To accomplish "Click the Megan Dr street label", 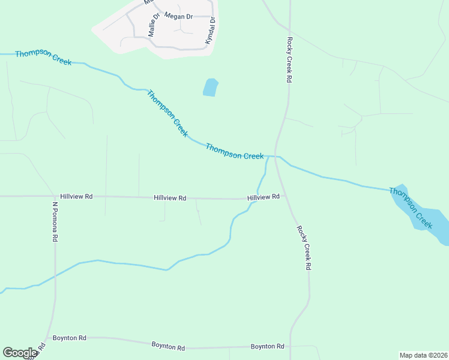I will pyautogui.click(x=178, y=16).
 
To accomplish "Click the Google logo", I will pyautogui.click(x=19, y=353).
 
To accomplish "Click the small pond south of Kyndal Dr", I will pyautogui.click(x=210, y=88).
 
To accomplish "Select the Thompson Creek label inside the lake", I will pyautogui.click(x=411, y=208).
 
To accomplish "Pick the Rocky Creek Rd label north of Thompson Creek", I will pyautogui.click(x=289, y=60).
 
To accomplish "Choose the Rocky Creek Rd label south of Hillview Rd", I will pyautogui.click(x=304, y=247).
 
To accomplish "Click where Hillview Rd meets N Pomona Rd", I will pyautogui.click(x=55, y=196).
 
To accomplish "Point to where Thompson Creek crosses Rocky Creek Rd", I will pyautogui.click(x=276, y=156).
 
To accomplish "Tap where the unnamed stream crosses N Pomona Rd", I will pyautogui.click(x=55, y=275).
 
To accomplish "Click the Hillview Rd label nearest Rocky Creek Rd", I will pyautogui.click(x=264, y=197).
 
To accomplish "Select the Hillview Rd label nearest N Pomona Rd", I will pyautogui.click(x=76, y=196).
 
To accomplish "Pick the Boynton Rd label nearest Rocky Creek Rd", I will pyautogui.click(x=267, y=347).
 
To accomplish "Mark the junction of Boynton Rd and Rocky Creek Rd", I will pyautogui.click(x=291, y=347).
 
